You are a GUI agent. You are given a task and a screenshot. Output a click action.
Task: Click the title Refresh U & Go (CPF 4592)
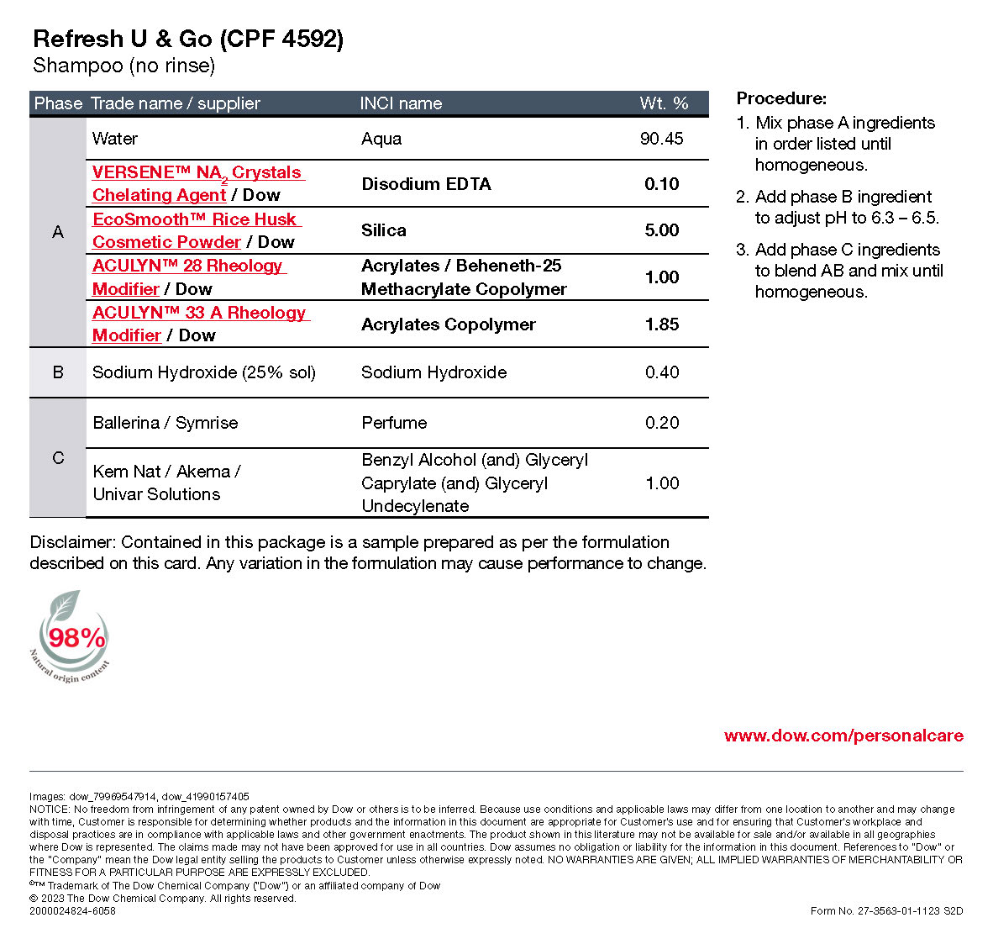click(188, 40)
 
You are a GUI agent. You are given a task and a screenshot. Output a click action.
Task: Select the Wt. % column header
click(664, 103)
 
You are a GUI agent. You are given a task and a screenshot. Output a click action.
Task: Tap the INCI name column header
click(401, 103)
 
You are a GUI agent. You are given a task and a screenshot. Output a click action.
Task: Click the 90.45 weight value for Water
click(661, 139)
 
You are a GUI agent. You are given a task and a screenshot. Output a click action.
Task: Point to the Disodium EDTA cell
click(426, 184)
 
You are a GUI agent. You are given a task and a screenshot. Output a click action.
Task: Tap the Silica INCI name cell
click(384, 230)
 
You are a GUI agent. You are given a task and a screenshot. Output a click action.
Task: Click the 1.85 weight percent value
click(661, 324)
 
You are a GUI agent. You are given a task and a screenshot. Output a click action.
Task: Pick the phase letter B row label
click(58, 372)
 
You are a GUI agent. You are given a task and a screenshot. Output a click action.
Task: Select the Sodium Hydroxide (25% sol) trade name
click(204, 372)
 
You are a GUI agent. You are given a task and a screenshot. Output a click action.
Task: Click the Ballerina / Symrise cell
click(165, 423)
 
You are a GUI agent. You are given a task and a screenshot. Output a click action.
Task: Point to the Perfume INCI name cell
click(394, 423)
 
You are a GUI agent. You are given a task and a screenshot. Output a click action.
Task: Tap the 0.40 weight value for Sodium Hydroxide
click(661, 372)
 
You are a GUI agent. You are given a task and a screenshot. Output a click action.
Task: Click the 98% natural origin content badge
click(74, 637)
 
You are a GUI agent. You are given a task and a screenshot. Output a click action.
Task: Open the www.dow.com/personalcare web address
click(843, 736)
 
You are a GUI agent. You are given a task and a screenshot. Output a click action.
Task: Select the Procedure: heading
click(781, 98)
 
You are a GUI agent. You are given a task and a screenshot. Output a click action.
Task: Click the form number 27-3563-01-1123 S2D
click(886, 910)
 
